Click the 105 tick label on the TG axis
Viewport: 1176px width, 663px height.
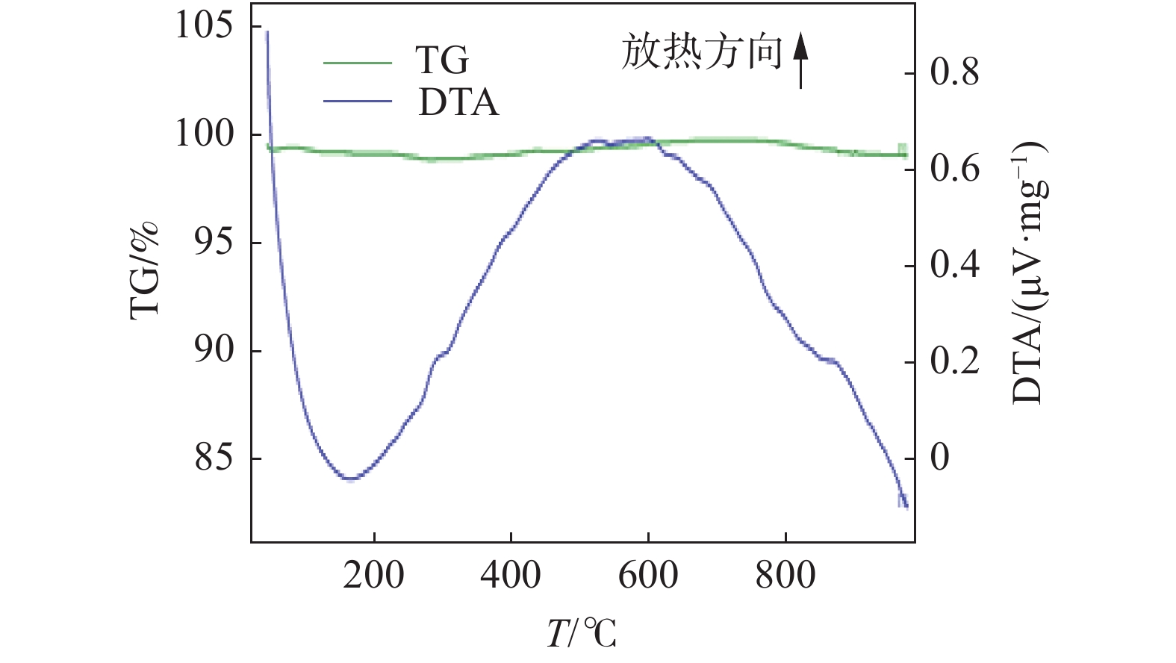pyautogui.click(x=203, y=26)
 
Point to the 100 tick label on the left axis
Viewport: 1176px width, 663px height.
pyautogui.click(x=203, y=134)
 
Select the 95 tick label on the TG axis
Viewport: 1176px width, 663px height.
pyautogui.click(x=213, y=243)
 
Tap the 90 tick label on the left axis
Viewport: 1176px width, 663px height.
pyautogui.click(x=213, y=350)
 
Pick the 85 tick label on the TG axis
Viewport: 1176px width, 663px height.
pyautogui.click(x=213, y=458)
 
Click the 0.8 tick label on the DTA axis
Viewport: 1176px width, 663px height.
pyautogui.click(x=954, y=73)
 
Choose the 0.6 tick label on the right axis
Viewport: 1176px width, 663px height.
pyautogui.click(x=954, y=169)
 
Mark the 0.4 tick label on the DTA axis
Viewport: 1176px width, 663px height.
pyautogui.click(x=954, y=265)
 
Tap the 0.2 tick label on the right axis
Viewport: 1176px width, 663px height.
pyautogui.click(x=954, y=361)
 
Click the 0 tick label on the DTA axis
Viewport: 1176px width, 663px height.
pyautogui.click(x=939, y=457)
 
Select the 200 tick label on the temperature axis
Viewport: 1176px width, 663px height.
pyautogui.click(x=373, y=576)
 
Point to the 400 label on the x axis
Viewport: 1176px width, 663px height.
pyautogui.click(x=511, y=576)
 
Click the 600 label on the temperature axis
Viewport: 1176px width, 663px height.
pyautogui.click(x=648, y=576)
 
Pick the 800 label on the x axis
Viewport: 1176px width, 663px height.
pyautogui.click(x=785, y=576)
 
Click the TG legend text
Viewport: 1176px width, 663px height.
pyautogui.click(x=442, y=60)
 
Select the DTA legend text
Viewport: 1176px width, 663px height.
pyautogui.click(x=458, y=103)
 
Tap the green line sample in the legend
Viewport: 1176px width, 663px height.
pyautogui.click(x=357, y=63)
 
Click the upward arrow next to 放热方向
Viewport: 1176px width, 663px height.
pyautogui.click(x=800, y=60)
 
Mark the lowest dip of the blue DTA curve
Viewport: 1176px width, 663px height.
pyautogui.click(x=349, y=478)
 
